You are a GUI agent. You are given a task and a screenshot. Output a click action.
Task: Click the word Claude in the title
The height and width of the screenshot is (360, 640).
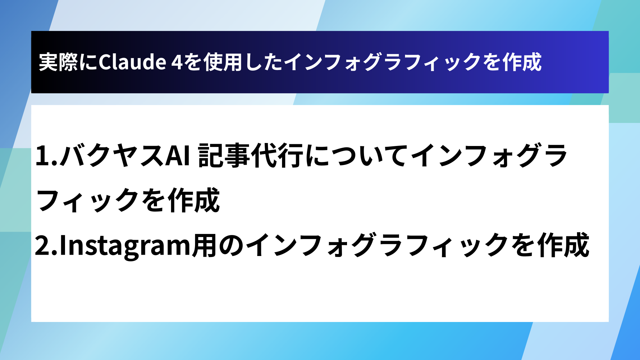pos(132,62)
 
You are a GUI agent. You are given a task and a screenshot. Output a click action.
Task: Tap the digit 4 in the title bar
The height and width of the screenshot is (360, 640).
pos(177,62)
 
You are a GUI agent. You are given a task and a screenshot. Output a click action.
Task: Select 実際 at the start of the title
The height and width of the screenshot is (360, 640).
pos(59,62)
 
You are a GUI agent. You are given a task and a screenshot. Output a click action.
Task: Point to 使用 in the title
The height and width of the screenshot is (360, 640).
pos(223,62)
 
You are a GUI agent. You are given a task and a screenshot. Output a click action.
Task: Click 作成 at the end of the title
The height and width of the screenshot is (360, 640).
pos(522,62)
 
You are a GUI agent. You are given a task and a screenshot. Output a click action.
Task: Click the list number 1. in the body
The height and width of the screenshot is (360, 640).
pos(46,156)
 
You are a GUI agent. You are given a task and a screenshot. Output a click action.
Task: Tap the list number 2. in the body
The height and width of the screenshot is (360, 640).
pos(46,245)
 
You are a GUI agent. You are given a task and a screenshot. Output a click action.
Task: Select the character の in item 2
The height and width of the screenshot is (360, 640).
pos(231,245)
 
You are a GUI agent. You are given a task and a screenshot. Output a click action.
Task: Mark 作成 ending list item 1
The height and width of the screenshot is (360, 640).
pos(194,200)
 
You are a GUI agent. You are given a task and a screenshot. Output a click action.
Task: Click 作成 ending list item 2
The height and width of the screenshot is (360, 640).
pos(563,245)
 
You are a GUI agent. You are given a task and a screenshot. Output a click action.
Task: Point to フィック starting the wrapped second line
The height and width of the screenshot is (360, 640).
pos(87,200)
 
